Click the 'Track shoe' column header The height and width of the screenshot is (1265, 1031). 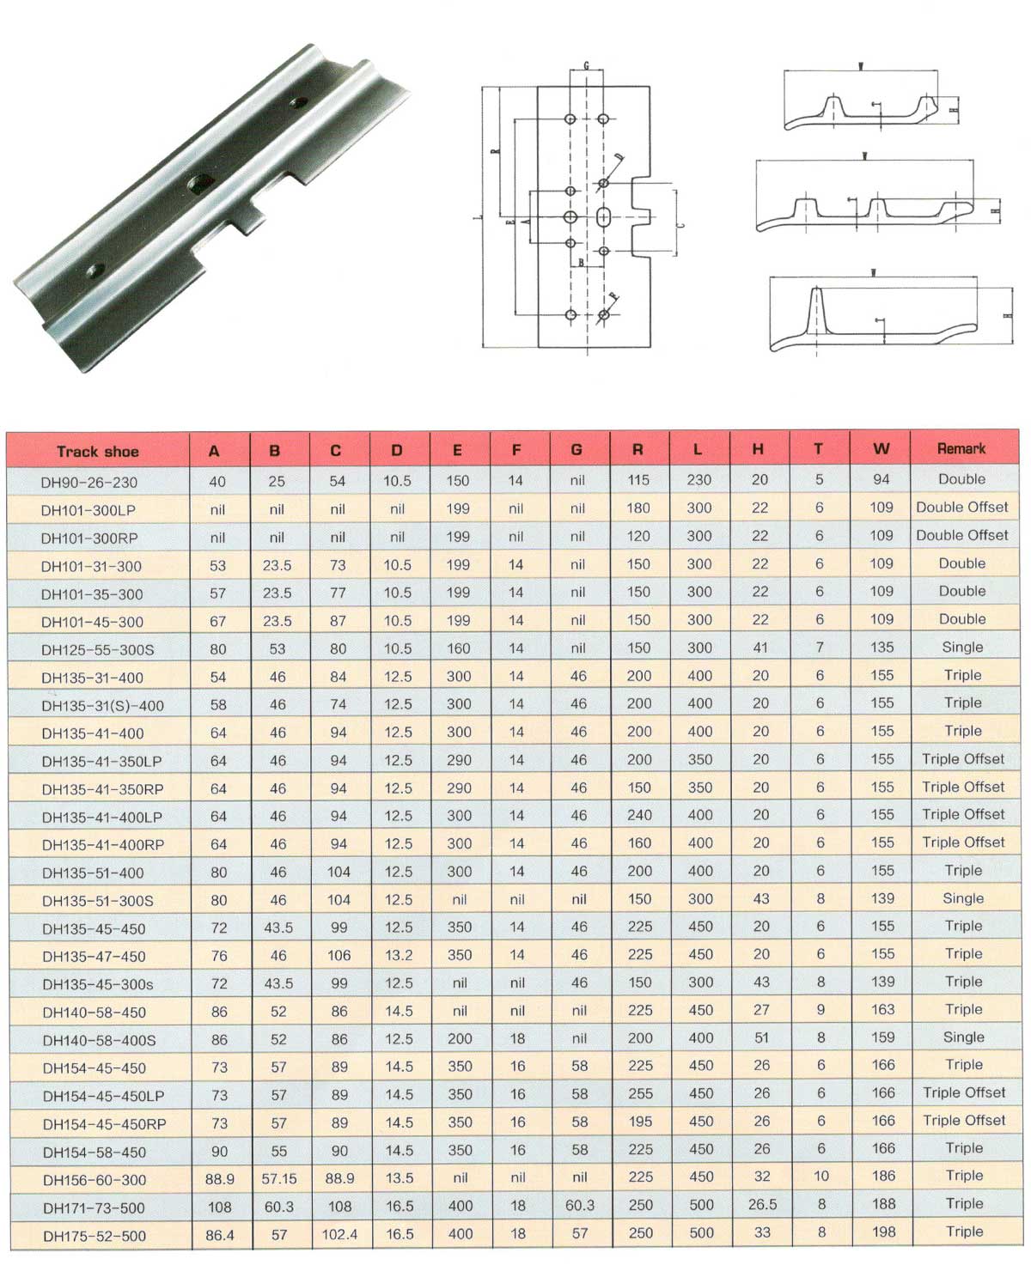coord(97,452)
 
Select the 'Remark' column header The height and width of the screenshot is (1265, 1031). coord(961,448)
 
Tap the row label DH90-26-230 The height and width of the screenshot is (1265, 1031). coord(88,482)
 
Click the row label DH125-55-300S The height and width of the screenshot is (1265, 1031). coord(98,650)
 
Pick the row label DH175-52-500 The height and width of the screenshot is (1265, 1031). coord(95,1236)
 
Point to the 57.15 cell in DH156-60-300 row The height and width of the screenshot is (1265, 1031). coord(279,1179)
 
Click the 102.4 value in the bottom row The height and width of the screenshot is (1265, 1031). coord(340,1234)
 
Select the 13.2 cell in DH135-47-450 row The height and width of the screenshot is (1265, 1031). coord(399,955)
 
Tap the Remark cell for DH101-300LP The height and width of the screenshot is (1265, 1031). coord(961,507)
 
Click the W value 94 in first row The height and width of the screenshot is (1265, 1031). coord(882,479)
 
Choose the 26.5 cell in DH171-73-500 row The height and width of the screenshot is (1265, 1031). coord(762,1204)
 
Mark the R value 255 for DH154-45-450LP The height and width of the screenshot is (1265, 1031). coord(640,1093)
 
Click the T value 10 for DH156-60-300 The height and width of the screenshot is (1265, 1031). coord(821,1176)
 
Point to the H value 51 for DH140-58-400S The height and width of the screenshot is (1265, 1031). coord(761,1037)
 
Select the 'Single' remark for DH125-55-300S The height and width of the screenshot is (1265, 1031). coord(962,647)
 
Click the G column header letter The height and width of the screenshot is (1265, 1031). coord(577,449)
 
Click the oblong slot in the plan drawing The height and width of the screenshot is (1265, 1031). coord(603,216)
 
